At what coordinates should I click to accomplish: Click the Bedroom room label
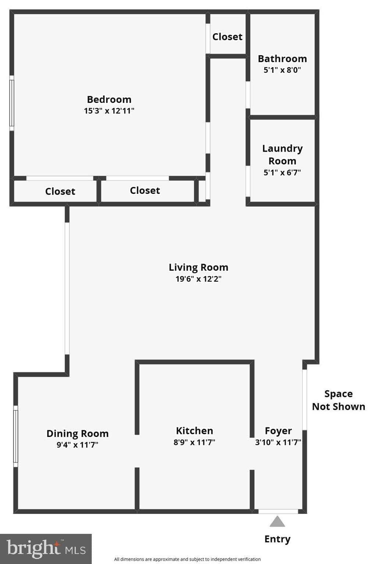109,100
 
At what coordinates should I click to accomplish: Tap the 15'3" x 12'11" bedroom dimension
109,111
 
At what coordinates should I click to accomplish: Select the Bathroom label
282,59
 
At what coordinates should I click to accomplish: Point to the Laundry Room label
282,155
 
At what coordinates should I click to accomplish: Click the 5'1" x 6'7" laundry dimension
282,173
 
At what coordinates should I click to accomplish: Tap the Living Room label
198,267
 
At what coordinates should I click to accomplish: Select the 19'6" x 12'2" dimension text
198,279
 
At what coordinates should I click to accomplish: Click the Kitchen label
194,431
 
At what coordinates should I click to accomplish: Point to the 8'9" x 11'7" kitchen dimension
194,442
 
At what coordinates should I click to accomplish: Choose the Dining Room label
77,434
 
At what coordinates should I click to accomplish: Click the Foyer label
278,431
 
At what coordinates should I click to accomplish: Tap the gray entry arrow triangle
277,522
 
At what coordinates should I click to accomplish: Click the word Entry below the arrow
277,539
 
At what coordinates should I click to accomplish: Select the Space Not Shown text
338,400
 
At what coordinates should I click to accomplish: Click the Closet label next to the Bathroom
227,37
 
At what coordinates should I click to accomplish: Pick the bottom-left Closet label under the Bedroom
60,191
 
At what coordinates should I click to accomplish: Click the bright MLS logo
46,549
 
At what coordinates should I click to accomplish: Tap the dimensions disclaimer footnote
187,559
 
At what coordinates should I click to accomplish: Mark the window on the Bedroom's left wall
12,103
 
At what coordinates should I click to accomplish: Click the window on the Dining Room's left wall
15,436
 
